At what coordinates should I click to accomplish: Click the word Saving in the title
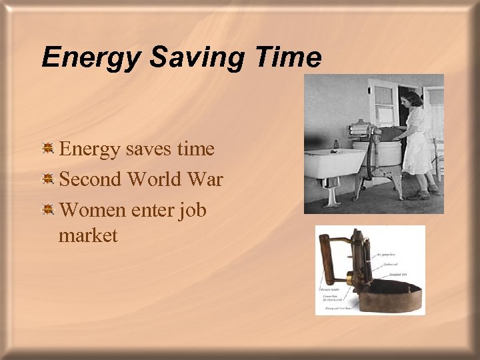click(x=197, y=57)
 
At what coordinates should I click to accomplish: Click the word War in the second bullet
click(x=208, y=179)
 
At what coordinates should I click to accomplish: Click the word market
click(x=88, y=235)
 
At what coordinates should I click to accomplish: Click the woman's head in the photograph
click(x=412, y=101)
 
